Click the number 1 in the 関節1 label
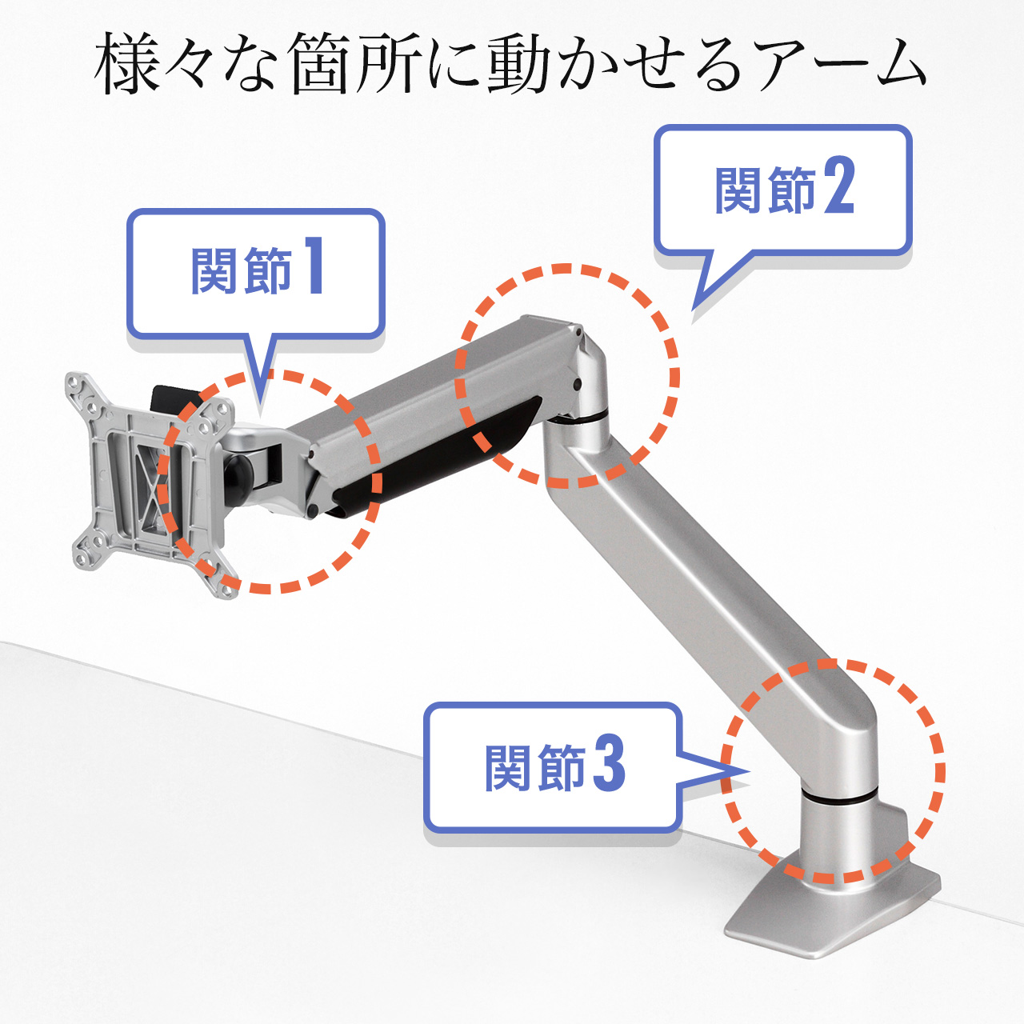pos(314,267)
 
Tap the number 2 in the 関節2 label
pos(839,186)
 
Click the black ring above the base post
pos(840,797)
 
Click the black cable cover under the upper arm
pos(448,464)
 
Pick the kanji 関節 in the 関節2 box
pos(765,190)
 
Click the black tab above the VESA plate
pos(172,396)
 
